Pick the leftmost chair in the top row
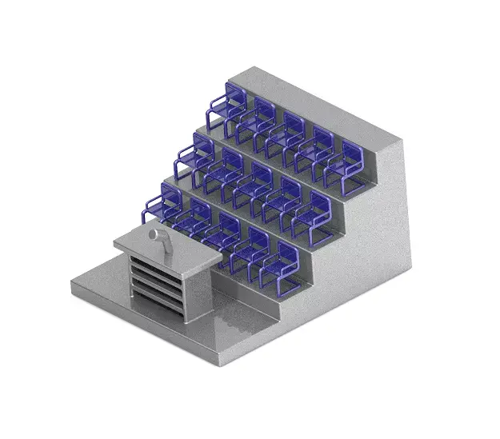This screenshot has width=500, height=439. coord(223,111)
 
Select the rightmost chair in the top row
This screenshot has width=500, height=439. coord(352,165)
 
